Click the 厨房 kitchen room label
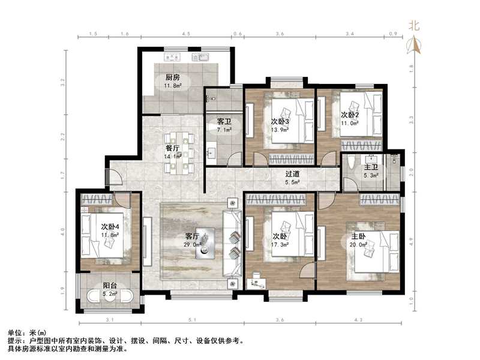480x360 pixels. pos(173,77)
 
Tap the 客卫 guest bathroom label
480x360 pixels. pos(224,121)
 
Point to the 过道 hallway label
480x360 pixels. pos(293,174)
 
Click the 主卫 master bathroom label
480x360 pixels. pos(370,167)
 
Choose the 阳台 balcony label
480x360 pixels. pos(109,286)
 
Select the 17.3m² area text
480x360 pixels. pos(281,244)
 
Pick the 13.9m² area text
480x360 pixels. pos(280,130)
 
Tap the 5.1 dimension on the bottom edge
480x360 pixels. pos(190,320)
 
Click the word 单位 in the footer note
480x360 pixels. pos(16,332)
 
